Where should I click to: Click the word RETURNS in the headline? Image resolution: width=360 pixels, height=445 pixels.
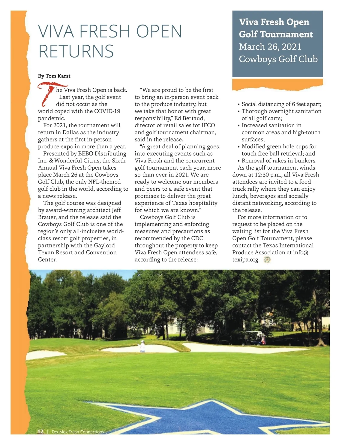pyautogui.click(x=76, y=51)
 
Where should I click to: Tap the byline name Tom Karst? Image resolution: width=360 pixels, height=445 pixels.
pyautogui.click(x=58, y=76)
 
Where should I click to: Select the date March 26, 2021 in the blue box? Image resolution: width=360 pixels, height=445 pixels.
pyautogui.click(x=270, y=47)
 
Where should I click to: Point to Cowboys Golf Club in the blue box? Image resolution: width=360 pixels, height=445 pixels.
pyautogui.click(x=278, y=59)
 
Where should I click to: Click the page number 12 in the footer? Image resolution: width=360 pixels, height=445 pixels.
pyautogui.click(x=40, y=431)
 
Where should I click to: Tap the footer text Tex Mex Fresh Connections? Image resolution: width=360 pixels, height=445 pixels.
pyautogui.click(x=78, y=432)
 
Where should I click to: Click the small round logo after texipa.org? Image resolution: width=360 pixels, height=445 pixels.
pyautogui.click(x=267, y=260)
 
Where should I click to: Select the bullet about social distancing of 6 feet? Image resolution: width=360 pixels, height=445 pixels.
pyautogui.click(x=281, y=104)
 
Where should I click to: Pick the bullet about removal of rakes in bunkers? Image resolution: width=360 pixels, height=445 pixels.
pyautogui.click(x=278, y=161)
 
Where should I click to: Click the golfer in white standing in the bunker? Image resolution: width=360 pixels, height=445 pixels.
pyautogui.click(x=142, y=347)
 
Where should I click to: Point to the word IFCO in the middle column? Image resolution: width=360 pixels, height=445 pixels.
pyautogui.click(x=208, y=126)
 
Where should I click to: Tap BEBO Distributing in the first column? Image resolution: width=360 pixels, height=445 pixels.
pyautogui.click(x=102, y=154)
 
